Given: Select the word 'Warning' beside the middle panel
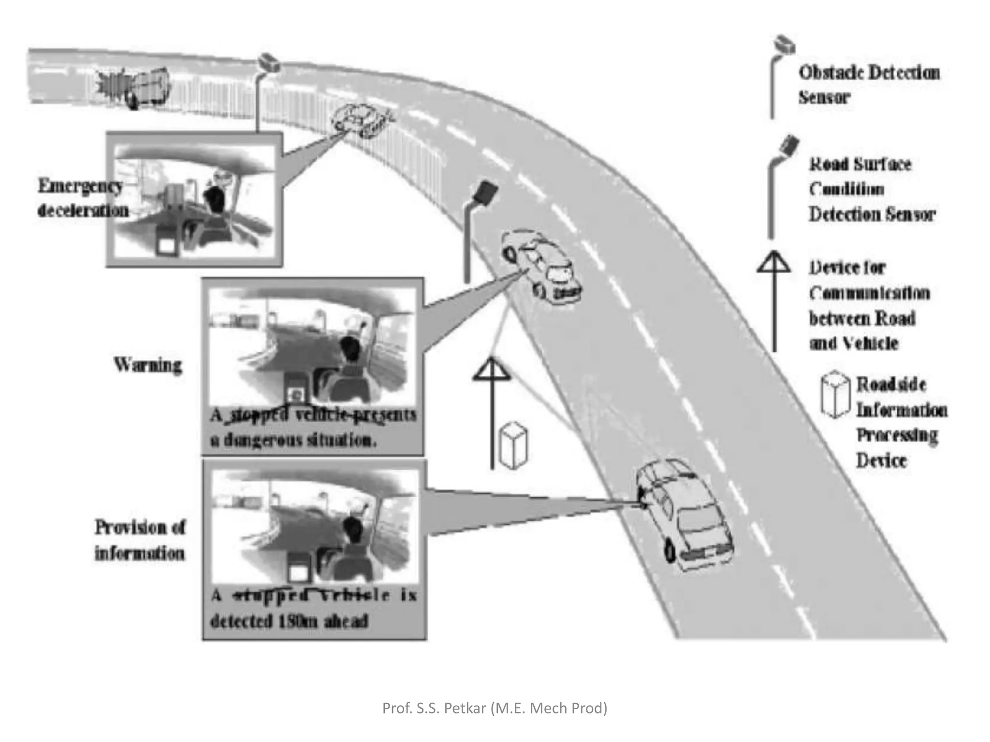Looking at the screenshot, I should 148,365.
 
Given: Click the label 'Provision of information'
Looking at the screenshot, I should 140,540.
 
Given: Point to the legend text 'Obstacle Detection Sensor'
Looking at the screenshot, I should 869,85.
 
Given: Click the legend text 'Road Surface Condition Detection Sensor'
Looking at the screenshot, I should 872,189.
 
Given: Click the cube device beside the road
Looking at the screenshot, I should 513,445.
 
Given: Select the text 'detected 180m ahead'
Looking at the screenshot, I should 289,621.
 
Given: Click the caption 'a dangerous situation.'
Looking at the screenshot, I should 293,440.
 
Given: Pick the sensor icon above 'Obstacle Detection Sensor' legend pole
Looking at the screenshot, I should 784,45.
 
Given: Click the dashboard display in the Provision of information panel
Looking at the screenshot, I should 298,571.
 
